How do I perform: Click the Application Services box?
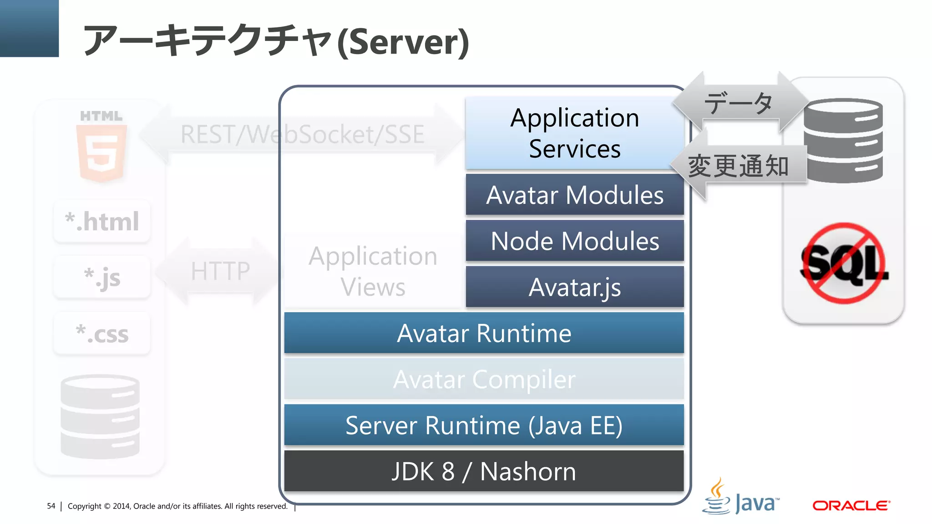coord(574,133)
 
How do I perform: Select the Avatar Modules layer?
coord(574,195)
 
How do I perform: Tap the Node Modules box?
coord(574,241)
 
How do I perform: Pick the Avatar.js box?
coord(574,287)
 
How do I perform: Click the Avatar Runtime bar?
coord(484,333)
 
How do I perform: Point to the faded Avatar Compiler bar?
coord(484,379)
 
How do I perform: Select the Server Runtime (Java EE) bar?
coord(484,425)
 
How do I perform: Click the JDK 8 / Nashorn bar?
coord(484,471)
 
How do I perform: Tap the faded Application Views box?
coord(373,271)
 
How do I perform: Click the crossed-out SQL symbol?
coord(843,263)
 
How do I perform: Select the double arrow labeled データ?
coord(739,102)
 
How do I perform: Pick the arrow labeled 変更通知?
coord(739,166)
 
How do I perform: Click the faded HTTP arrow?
coord(220,271)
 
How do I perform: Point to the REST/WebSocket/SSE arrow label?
coord(302,134)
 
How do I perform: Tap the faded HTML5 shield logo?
coord(101,152)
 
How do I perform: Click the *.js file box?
coord(102,277)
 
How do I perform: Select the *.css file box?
coord(102,334)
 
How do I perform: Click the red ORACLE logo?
coord(851,505)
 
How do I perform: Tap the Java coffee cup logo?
coord(717,497)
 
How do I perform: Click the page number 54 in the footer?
coord(51,506)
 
